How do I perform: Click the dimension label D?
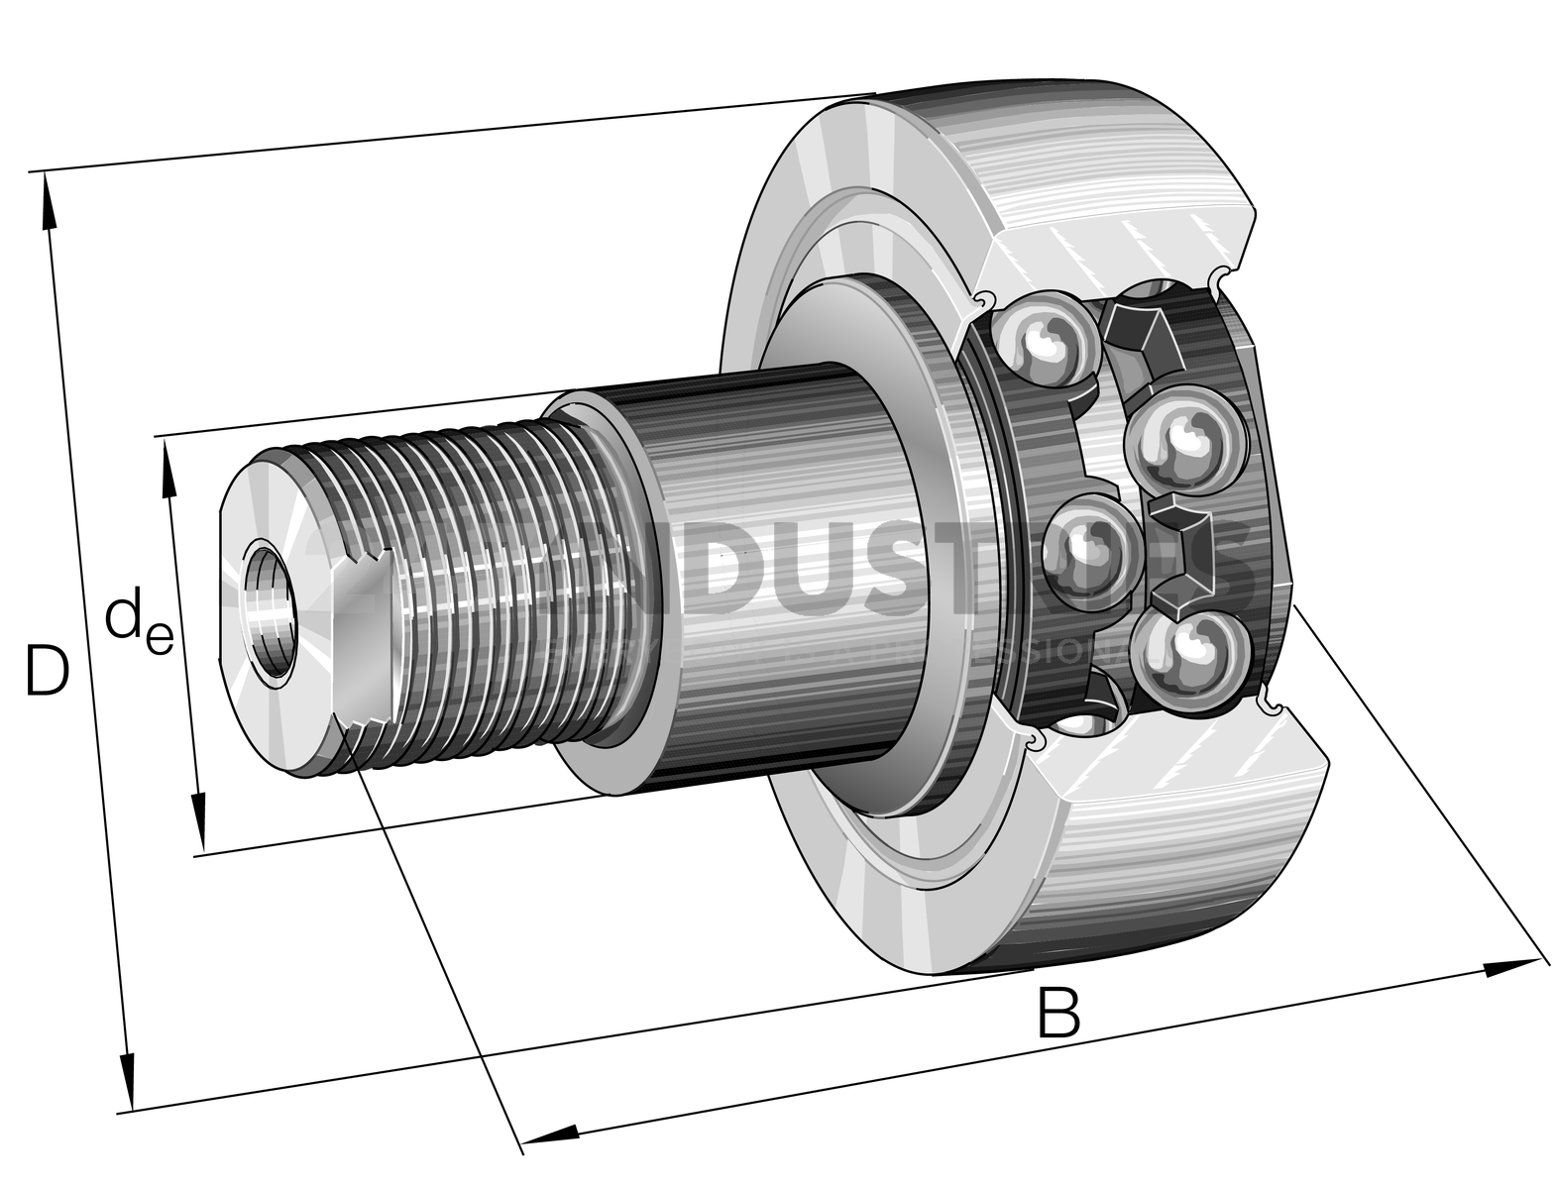click(x=47, y=671)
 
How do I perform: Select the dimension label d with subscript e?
click(x=139, y=624)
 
